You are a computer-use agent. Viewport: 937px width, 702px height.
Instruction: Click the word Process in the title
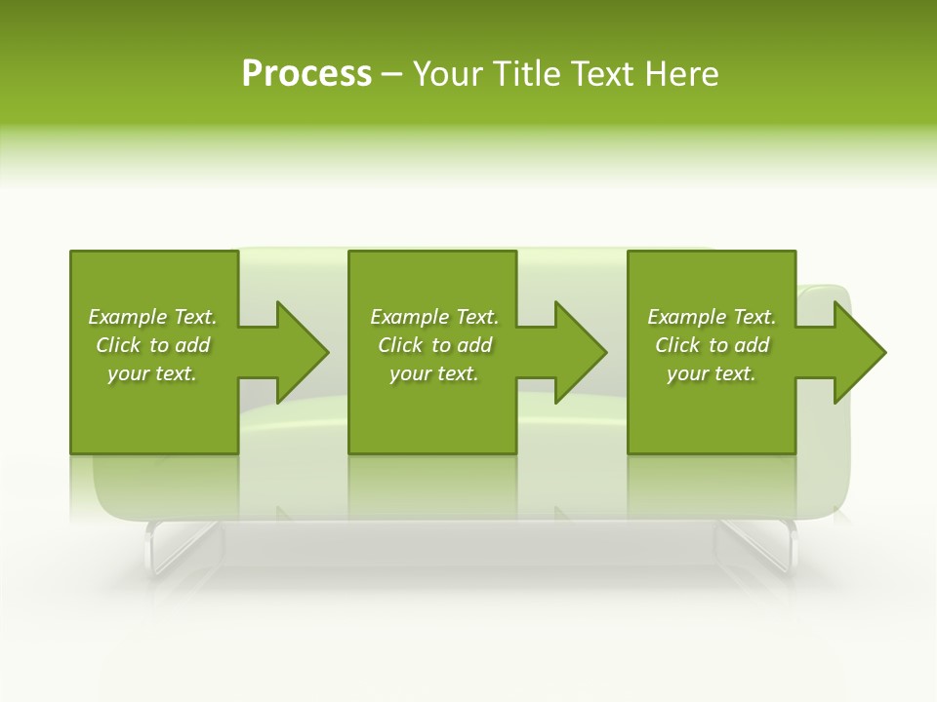(x=306, y=74)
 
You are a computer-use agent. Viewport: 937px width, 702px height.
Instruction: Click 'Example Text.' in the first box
(x=152, y=317)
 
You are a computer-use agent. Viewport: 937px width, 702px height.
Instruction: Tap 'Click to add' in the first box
(x=152, y=345)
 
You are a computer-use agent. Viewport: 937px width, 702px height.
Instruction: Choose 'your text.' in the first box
(x=152, y=373)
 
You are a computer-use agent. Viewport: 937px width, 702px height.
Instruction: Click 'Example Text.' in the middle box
(x=434, y=317)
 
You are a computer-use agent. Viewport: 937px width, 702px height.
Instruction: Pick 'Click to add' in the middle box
(x=434, y=345)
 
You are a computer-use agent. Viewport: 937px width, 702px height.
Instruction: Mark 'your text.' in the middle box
(x=434, y=373)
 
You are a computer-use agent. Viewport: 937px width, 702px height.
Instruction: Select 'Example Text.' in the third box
(x=712, y=317)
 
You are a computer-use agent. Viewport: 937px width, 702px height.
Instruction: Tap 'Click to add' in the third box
(x=712, y=345)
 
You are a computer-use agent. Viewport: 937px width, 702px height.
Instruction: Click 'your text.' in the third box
(x=712, y=373)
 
